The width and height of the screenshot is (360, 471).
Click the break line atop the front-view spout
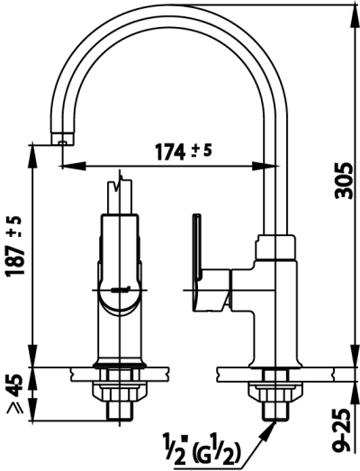click(120, 190)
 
